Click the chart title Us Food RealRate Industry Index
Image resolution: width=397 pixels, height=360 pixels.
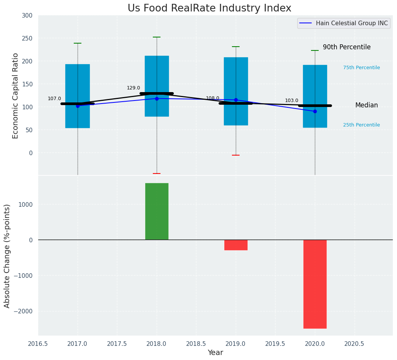(x=209, y=8)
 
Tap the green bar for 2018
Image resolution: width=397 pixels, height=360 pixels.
(x=157, y=211)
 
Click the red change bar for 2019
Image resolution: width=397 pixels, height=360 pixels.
(x=236, y=245)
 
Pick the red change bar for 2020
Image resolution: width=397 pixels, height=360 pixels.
(x=315, y=284)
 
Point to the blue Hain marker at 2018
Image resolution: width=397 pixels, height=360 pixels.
(x=157, y=99)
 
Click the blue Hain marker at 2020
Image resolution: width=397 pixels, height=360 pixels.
(x=315, y=111)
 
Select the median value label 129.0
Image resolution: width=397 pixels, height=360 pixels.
(x=133, y=88)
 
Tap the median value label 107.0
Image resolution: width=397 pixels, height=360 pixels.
(x=54, y=99)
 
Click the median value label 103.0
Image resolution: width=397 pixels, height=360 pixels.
(x=292, y=101)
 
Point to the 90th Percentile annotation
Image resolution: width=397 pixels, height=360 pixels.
(x=347, y=47)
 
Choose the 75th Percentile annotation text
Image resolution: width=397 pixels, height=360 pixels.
(x=361, y=68)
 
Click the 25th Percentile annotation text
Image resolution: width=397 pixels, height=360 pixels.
(x=361, y=125)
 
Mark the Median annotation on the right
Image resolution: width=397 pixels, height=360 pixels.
(x=366, y=105)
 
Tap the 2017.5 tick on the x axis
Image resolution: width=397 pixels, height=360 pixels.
(x=117, y=344)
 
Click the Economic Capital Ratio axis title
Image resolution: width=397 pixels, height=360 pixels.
(x=16, y=96)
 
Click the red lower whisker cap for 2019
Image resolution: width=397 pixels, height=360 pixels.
(x=236, y=155)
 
